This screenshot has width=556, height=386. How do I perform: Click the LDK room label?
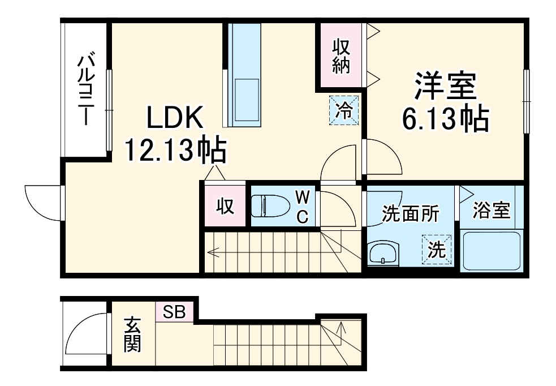(x=175, y=119)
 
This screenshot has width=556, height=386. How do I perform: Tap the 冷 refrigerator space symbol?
(x=344, y=109)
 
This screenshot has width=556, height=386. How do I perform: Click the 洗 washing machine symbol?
(x=437, y=250)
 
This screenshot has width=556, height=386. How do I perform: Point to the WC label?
(x=303, y=207)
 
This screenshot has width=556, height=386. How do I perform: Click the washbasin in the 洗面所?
(x=383, y=253)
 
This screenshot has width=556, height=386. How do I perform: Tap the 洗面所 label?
(x=410, y=214)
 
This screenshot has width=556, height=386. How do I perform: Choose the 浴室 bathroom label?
(x=492, y=211)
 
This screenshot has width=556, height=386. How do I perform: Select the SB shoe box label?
(x=174, y=311)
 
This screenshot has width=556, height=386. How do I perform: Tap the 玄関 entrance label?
(x=132, y=335)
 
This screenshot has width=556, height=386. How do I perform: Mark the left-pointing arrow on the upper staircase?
(x=214, y=252)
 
